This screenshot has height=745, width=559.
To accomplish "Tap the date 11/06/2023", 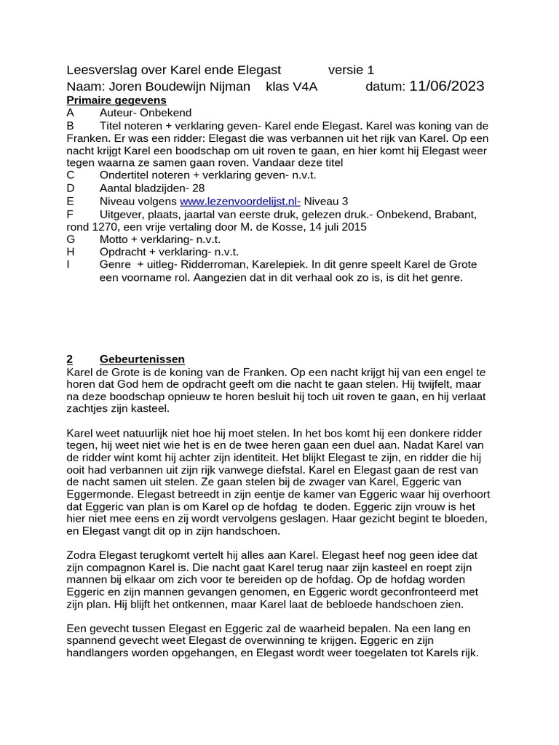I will (447, 87).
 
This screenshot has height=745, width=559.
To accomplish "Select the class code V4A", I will (304, 87).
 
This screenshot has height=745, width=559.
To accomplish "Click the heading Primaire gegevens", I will (116, 100).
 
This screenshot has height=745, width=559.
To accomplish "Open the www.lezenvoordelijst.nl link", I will (240, 201).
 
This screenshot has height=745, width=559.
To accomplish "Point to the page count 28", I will (199, 188).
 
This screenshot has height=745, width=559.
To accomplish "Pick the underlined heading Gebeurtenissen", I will (142, 359).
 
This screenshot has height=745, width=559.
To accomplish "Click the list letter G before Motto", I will (71, 239).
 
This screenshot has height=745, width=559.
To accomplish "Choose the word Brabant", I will (454, 214).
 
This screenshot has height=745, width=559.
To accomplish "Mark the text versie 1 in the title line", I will (351, 71).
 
